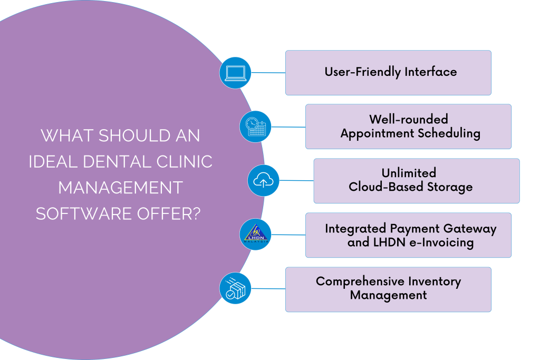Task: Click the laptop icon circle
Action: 235,73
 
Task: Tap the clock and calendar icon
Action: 255,127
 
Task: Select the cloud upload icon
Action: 263,181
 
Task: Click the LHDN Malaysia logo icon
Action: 255,235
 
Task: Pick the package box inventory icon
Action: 235,289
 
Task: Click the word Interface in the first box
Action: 431,72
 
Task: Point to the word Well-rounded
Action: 408,119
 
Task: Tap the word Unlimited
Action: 409,173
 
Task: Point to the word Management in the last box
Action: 388,295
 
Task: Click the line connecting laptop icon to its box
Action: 268,73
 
